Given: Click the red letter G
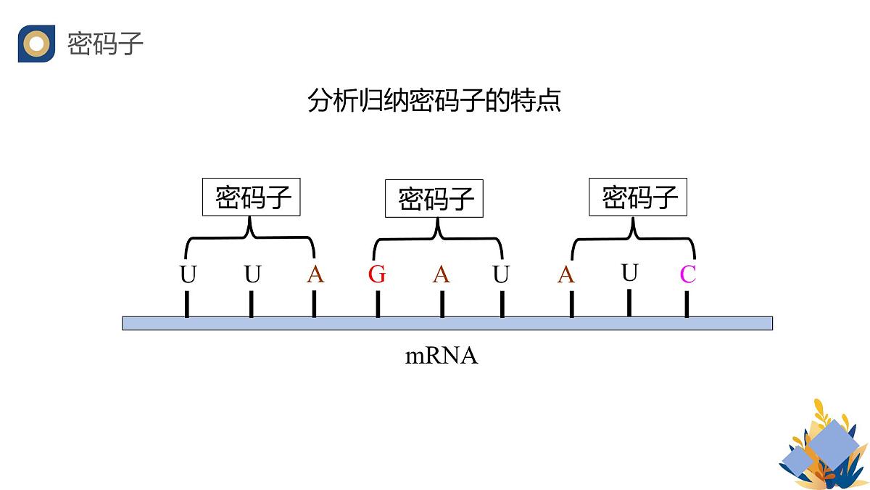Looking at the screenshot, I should pos(377,275).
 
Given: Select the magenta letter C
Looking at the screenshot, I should pos(687,275).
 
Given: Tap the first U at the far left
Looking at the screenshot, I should pos(188,276).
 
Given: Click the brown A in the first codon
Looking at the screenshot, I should pos(315,275).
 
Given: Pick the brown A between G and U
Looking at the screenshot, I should pos(442,275).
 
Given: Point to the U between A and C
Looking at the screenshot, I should pos(629,273).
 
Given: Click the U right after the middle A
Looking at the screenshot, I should pos(501,275).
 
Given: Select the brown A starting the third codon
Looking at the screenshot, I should pos(566,275).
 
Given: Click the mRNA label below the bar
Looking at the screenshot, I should pos(441,356).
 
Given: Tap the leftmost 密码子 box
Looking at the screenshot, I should pos(252,197).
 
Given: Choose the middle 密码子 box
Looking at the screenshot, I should pos(434,198).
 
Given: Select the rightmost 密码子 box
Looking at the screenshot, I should pos(638,197).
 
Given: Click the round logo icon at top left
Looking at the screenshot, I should pos(36,44).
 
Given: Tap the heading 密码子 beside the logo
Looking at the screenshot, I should pos(105,44).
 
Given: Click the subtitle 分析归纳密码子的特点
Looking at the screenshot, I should pos(434,100).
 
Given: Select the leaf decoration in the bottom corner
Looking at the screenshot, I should pos(822,446).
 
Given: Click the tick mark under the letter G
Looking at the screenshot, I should pos(378,304).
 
